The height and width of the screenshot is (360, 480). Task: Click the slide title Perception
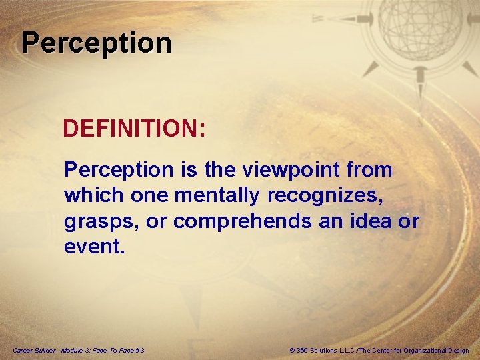[x=97, y=43]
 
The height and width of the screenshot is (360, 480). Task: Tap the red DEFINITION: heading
[x=134, y=129]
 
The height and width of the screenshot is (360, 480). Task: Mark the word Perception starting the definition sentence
[x=118, y=170]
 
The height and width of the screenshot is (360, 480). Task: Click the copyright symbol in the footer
[x=293, y=350]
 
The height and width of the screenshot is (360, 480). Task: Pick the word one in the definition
[x=145, y=195]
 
